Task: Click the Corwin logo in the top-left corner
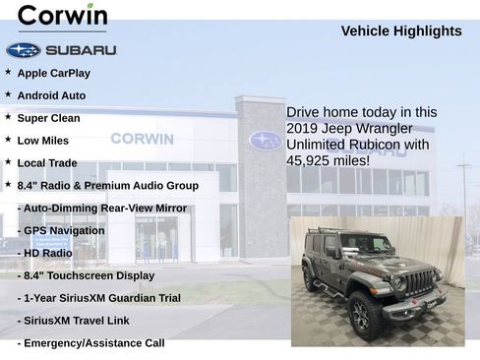pos(62,17)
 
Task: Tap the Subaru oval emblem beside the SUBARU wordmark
pos(23,50)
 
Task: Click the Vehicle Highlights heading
pos(400,31)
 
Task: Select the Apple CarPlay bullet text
pos(53,73)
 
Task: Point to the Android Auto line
pos(51,95)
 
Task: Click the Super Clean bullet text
pos(48,118)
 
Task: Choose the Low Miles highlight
pos(42,141)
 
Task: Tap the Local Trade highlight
pos(46,163)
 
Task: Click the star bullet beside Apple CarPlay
pos(8,72)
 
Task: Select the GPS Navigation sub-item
pos(63,230)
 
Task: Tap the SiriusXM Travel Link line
pos(81,320)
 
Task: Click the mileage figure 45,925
pos(312,160)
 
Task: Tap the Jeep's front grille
pos(421,283)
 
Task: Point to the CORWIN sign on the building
pos(142,139)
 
